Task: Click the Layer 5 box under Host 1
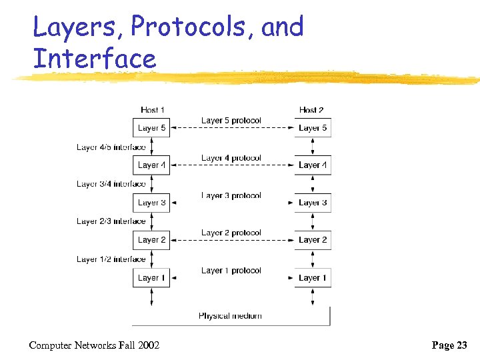pos(151,128)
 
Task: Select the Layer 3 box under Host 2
pos(313,203)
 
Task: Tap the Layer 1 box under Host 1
pos(151,278)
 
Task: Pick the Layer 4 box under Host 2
pos(313,165)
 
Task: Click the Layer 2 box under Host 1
pos(151,240)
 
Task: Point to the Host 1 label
pos(153,110)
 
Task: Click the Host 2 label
pos(311,110)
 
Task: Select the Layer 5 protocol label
pos(231,121)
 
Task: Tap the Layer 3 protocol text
pos(231,195)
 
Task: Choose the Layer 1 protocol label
pos(231,271)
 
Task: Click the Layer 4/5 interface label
pos(111,147)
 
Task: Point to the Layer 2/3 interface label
pos(111,221)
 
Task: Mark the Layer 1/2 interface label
pos(111,259)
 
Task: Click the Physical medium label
pos(230,316)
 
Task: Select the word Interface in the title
pos(94,59)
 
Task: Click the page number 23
pos(461,345)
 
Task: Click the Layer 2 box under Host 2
pos(313,240)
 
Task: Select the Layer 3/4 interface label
pos(111,184)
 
